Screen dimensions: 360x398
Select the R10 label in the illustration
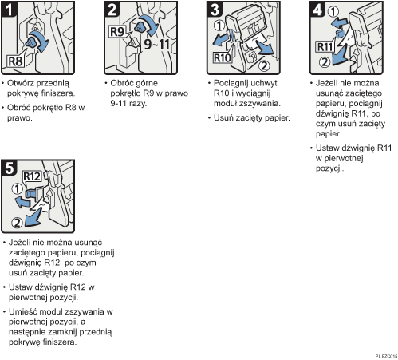220,57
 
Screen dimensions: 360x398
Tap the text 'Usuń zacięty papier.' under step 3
247,118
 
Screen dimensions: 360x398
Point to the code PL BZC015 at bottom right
383,354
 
